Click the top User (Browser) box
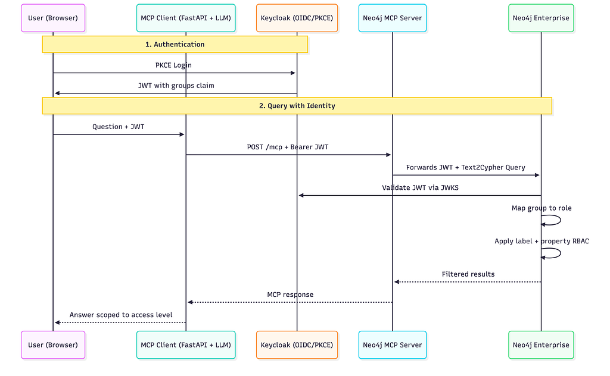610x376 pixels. pos(53,18)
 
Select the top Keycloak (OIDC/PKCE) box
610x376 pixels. pos(297,18)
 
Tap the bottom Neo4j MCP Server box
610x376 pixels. pos(392,345)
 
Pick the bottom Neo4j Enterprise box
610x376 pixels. pos(541,345)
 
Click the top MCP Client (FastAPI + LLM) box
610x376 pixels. pos(186,18)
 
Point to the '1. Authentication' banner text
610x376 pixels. pos(175,44)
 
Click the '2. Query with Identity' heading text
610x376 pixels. pos(297,106)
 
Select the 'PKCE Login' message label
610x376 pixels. pos(173,65)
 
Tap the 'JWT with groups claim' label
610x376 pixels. pos(176,86)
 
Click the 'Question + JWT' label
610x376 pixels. pos(119,127)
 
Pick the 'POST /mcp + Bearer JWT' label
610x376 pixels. pos(288,147)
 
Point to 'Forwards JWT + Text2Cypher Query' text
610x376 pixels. pos(466,167)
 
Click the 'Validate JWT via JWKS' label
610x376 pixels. pos(420,187)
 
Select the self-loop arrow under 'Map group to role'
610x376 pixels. pos(560,220)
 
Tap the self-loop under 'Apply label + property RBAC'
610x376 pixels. pos(560,253)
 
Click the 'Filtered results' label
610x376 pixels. pos(468,274)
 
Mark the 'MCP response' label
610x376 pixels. pos(290,294)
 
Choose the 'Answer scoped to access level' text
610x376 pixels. pos(121,315)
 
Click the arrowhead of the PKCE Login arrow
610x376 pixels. pos(293,73)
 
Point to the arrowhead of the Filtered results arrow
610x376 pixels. pos(397,282)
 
